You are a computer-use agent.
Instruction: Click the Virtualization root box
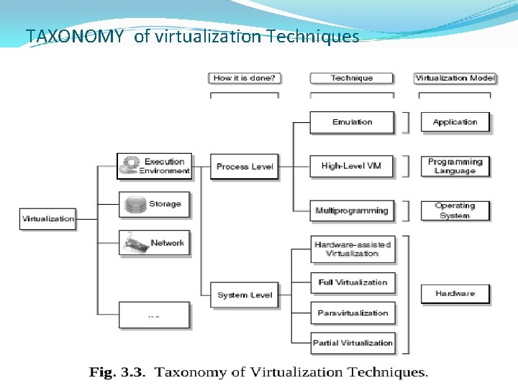click(x=48, y=218)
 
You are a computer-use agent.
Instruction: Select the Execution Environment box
click(x=154, y=166)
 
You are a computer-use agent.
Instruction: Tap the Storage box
click(x=154, y=204)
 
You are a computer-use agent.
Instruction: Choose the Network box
click(x=154, y=243)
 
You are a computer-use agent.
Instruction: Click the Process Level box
click(x=245, y=167)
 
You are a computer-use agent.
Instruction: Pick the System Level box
click(x=245, y=295)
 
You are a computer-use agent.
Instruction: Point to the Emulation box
click(x=352, y=122)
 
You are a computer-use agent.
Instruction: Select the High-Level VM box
click(x=352, y=166)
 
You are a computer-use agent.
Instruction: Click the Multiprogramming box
click(x=352, y=211)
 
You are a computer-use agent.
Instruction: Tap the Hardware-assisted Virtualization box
click(x=352, y=249)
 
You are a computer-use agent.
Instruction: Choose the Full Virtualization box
click(x=352, y=282)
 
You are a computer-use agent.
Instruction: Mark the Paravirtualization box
click(x=352, y=313)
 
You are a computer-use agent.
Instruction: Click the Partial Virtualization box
click(x=352, y=343)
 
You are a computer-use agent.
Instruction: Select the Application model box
click(x=455, y=122)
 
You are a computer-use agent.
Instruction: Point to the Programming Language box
click(x=455, y=166)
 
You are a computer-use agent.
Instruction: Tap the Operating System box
click(x=455, y=211)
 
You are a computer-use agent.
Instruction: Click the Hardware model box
click(x=455, y=293)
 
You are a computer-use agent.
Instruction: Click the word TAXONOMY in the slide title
click(x=75, y=36)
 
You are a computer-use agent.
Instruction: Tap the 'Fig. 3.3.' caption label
click(x=117, y=372)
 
